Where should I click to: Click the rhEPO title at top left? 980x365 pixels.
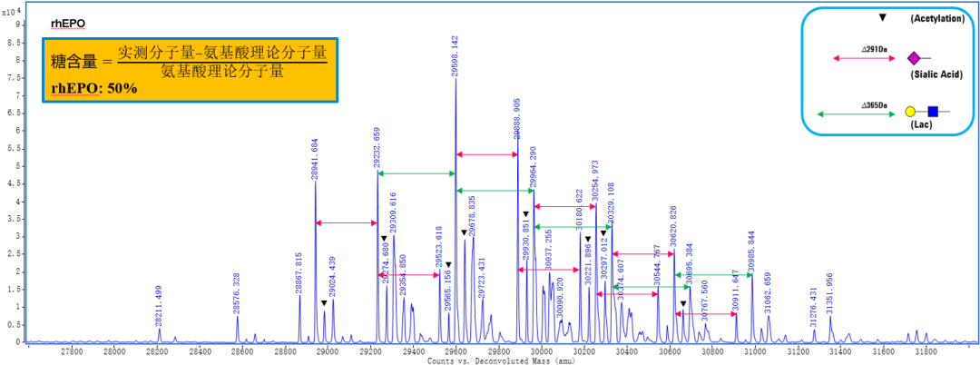[x=69, y=23]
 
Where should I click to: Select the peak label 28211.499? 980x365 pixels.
[x=160, y=306]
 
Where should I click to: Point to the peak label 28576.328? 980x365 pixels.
[x=238, y=292]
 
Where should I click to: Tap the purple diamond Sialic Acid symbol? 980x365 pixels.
[x=914, y=59]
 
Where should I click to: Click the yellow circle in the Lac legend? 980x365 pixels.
[x=910, y=112]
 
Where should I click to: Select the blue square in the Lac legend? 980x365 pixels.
[x=932, y=112]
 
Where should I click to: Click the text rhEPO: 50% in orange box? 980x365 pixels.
[x=94, y=87]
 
